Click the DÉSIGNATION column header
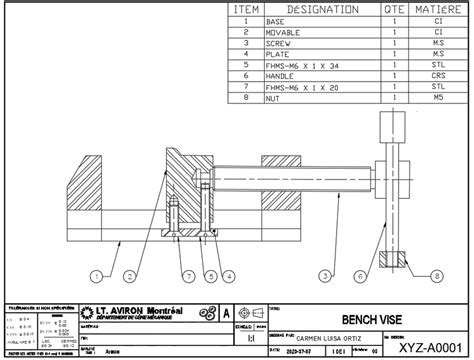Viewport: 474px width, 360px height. point(323,9)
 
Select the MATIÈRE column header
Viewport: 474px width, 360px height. point(437,9)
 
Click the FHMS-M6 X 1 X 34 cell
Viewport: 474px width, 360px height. point(299,65)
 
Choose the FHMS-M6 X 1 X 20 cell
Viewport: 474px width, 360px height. point(299,87)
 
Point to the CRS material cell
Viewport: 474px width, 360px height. point(437,76)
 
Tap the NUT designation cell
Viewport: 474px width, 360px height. point(274,98)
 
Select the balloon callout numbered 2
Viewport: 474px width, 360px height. point(130,274)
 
